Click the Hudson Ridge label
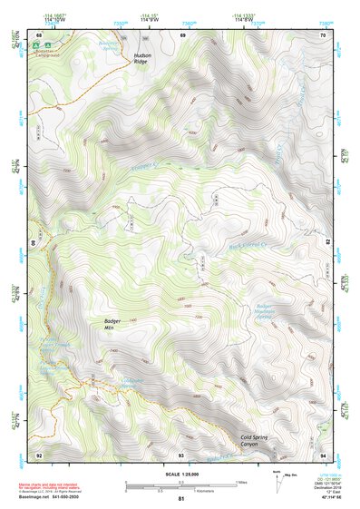(x=142, y=60)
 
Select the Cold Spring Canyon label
(x=257, y=441)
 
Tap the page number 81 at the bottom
(x=181, y=500)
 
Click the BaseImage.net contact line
(x=51, y=498)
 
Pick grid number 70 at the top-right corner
(x=323, y=34)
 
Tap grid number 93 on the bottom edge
(x=181, y=455)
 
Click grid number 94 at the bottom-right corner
(x=323, y=455)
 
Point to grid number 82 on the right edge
(x=328, y=243)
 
